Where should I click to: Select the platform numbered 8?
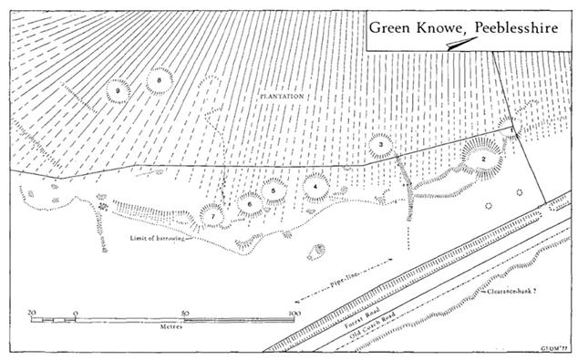coord(160,80)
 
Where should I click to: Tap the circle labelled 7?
coord(212,216)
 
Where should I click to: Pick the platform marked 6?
coord(249,204)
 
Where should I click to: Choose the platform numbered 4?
coord(315,185)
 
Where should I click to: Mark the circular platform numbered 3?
coord(380,145)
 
